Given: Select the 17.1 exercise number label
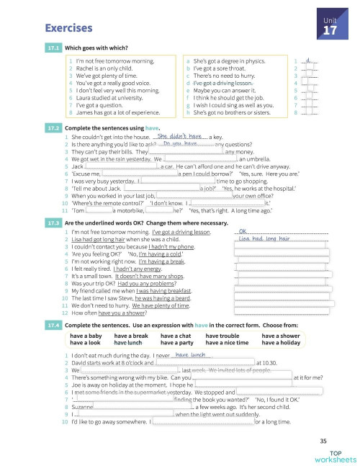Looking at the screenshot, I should click(53, 48).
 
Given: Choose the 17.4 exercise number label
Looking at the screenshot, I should click(53, 325).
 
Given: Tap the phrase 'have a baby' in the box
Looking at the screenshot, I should click(85, 336).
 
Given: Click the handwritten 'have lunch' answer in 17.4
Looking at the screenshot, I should click(191, 354).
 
